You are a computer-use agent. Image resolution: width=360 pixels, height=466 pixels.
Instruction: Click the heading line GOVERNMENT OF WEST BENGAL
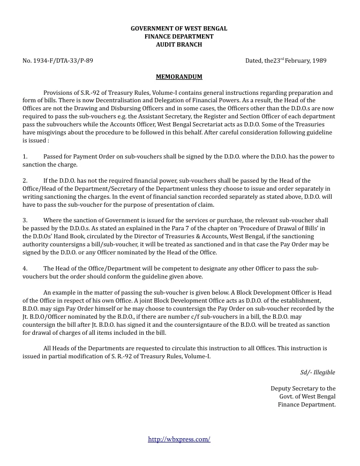click(179, 28)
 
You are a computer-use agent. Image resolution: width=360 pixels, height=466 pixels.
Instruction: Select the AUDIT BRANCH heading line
click(179, 45)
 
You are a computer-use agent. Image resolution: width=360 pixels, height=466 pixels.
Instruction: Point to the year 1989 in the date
click(319, 61)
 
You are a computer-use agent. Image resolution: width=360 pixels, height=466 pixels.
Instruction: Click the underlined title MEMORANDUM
click(179, 77)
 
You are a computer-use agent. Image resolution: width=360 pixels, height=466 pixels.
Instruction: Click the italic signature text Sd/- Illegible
click(318, 372)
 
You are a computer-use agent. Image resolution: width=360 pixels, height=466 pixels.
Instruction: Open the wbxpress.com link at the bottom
click(179, 439)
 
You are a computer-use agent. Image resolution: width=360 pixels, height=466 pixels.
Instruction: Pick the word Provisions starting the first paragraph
click(58, 92)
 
